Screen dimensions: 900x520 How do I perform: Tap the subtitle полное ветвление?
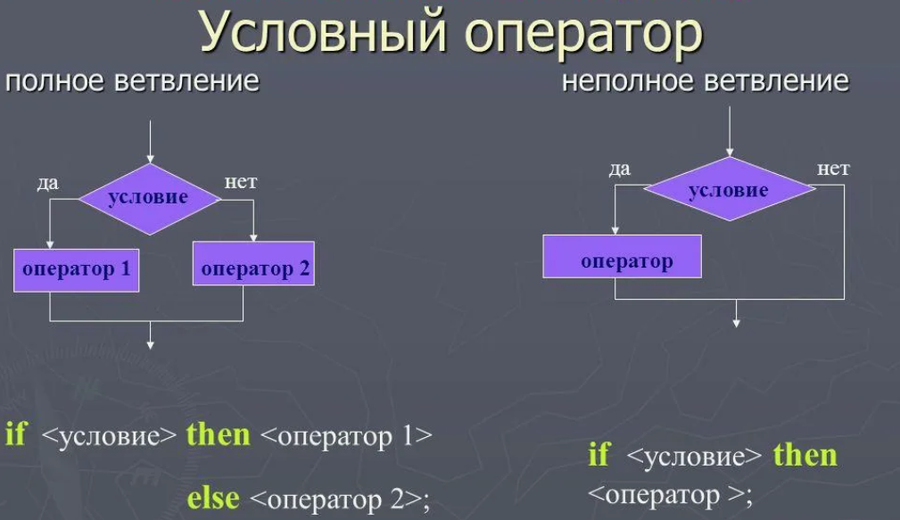coord(133,81)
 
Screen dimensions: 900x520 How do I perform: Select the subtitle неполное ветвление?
coord(705,81)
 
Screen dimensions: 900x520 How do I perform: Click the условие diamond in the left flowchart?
coord(149,198)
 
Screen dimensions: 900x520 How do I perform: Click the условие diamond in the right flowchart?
coord(729,190)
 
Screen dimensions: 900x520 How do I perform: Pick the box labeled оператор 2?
coord(254,268)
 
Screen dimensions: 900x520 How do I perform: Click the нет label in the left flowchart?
coord(241,182)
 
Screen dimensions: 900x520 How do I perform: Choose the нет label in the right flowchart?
coord(833,168)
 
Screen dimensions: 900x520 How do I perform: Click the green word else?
coord(212,497)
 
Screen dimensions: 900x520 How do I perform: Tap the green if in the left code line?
coord(15,435)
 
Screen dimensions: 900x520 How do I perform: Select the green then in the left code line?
coord(219,435)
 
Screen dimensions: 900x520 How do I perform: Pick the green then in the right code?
coord(805,456)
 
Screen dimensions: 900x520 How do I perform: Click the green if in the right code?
coord(599,456)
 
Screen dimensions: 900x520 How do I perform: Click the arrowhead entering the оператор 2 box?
coord(254,238)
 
